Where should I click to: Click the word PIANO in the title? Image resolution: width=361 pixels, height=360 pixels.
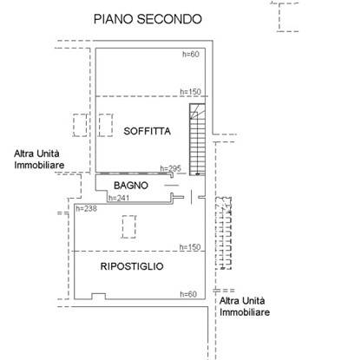pos(114,19)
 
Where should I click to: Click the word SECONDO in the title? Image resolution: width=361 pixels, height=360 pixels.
pos(169,19)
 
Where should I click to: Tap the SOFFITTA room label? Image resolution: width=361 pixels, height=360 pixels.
pos(147,131)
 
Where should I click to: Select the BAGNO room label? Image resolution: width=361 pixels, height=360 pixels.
pos(131,186)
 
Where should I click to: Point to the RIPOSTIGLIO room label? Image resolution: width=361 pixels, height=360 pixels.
pos(132,266)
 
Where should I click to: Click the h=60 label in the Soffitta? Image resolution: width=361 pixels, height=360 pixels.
pos(191,54)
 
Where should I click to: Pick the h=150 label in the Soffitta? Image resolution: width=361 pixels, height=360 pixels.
pos(190,92)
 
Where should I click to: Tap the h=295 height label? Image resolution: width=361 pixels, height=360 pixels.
pos(171,168)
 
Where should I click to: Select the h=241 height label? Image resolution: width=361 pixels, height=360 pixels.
pos(119,198)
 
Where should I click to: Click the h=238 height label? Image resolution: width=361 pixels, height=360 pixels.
pos(86,208)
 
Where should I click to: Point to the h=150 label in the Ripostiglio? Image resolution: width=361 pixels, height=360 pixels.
pos(190,247)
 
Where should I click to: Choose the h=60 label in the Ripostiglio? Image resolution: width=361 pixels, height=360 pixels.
pos(188,294)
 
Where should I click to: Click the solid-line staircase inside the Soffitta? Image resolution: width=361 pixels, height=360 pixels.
pos(197,140)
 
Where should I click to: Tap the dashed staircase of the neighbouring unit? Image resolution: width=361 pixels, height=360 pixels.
pos(224,233)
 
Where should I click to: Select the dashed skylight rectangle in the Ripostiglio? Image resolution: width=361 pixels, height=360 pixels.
pos(128,226)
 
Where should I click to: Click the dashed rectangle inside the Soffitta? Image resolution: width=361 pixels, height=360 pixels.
pos(106,125)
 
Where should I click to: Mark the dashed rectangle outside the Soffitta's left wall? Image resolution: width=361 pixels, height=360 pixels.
pos(80,125)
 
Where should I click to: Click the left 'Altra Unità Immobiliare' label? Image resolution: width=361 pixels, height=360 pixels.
pos(39,159)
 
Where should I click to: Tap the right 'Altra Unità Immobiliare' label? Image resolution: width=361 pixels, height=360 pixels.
pos(245,306)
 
